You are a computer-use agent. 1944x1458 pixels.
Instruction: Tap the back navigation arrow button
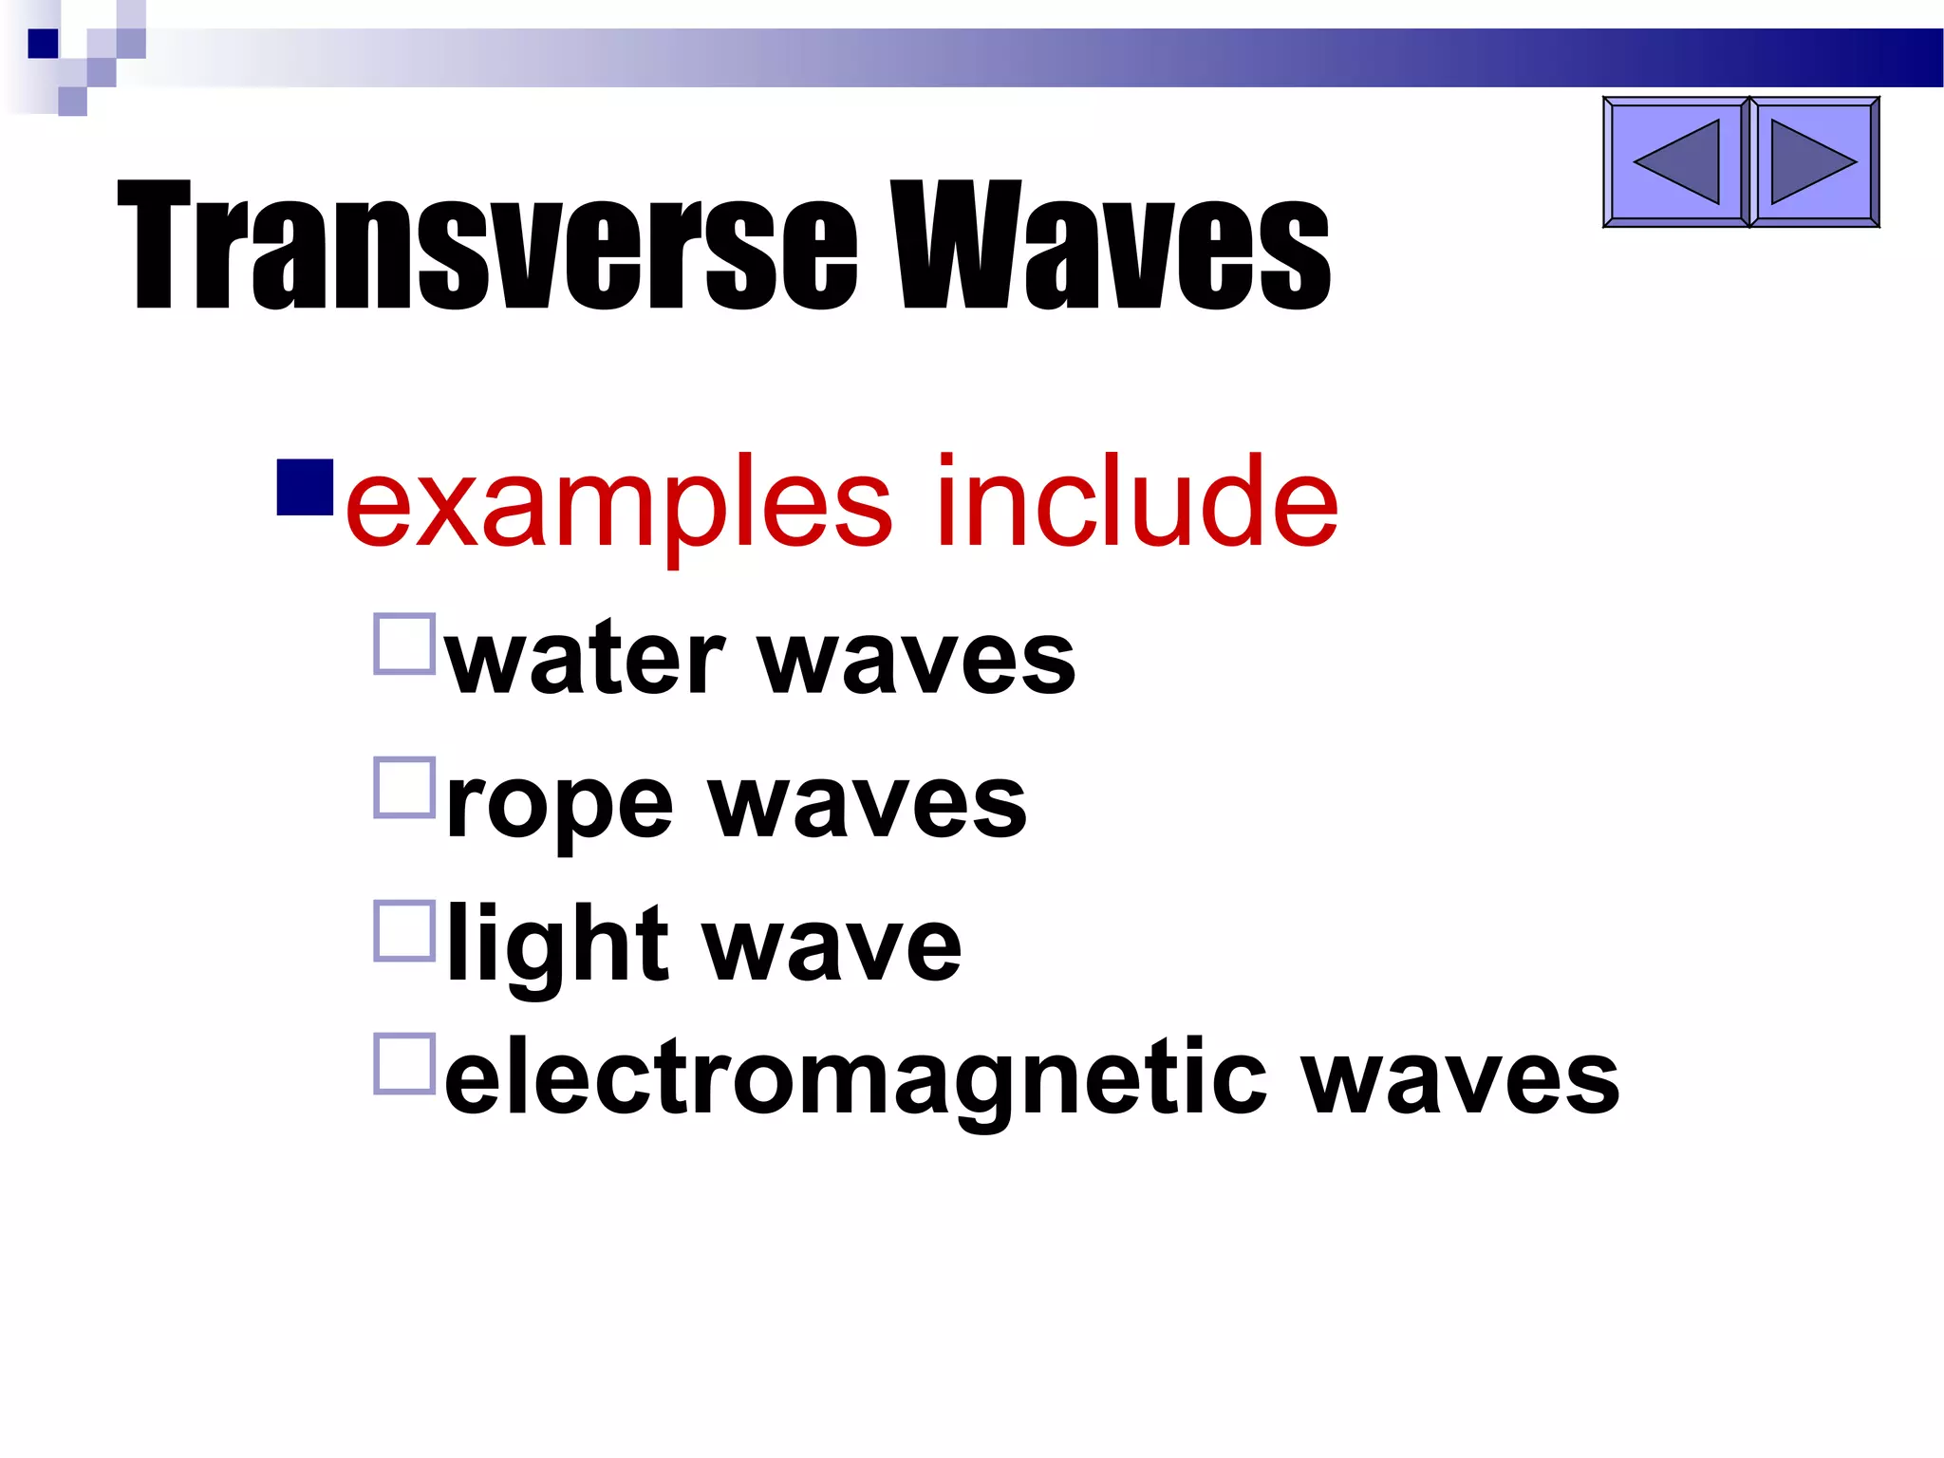pos(1675,162)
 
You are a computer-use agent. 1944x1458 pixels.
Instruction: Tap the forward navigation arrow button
pos(1813,162)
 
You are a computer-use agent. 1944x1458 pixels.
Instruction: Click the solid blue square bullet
pos(305,487)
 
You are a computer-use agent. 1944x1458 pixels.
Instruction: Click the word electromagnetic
pos(854,1080)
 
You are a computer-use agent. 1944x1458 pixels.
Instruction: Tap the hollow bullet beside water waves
pos(405,644)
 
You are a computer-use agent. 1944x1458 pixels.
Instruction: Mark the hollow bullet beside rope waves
pos(405,787)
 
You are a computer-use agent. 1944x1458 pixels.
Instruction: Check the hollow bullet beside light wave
pos(405,931)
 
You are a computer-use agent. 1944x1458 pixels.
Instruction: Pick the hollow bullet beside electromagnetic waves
pos(405,1063)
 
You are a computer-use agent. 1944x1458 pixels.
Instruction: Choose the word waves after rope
pos(868,804)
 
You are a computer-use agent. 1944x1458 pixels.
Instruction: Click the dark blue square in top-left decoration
pos(43,44)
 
